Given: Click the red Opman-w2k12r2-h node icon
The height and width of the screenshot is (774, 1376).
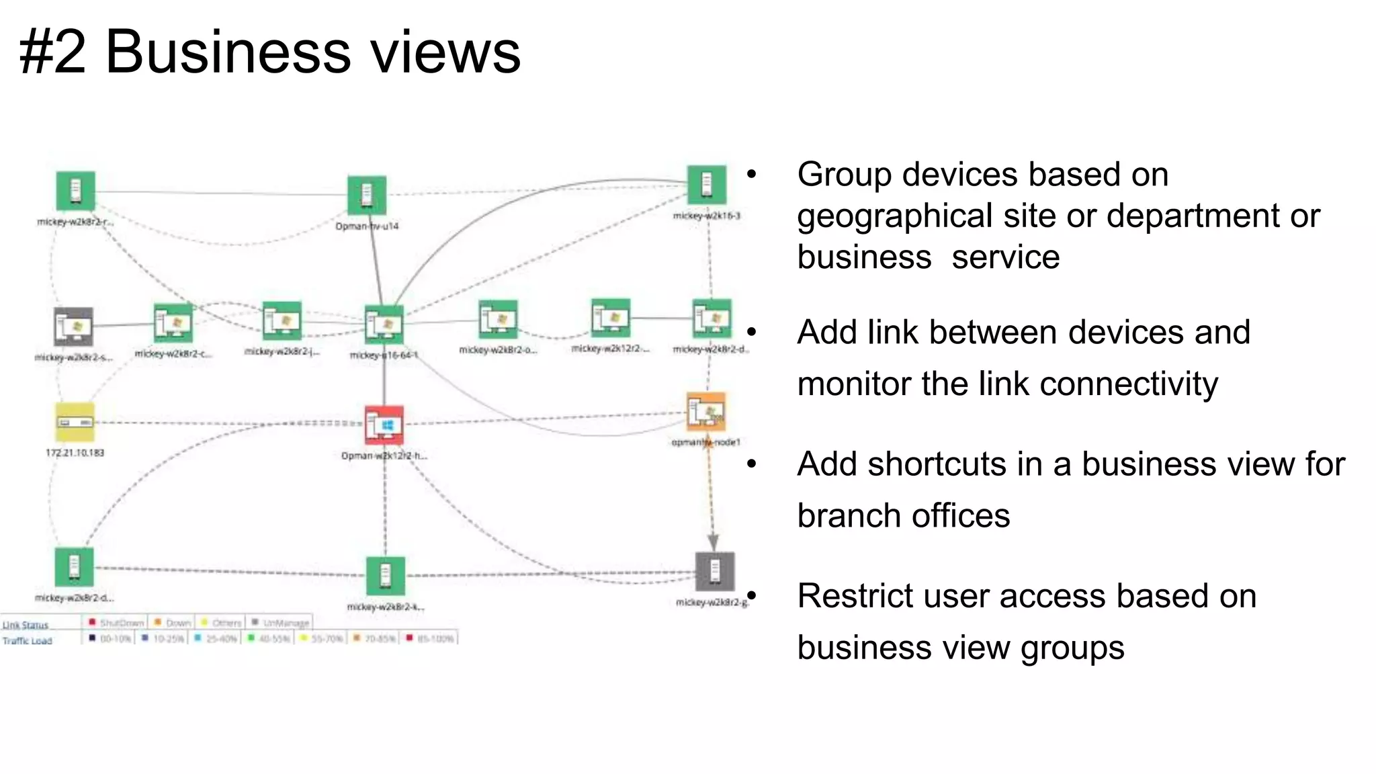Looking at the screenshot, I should pos(384,425).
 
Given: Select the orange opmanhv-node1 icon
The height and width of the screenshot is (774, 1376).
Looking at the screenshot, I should pos(706,411).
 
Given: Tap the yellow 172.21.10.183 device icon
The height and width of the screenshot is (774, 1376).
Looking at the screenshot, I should pos(75,423).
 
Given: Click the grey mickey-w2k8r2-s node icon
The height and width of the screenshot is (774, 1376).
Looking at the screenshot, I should pos(73,327).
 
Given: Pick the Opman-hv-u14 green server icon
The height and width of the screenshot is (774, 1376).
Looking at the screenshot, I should pos(367,196).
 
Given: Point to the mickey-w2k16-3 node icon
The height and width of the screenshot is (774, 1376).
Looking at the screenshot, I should pos(707,184).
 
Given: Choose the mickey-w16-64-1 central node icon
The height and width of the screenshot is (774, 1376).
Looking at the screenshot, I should pos(384,325).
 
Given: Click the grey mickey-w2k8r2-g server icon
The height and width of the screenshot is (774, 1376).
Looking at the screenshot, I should pos(714,571).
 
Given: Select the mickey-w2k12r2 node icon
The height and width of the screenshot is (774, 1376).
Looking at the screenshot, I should pos(611,318).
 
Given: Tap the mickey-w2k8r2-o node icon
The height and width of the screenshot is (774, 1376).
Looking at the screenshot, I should pos(498,320).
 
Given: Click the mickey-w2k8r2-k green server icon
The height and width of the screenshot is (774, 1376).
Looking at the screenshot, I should pos(386,576).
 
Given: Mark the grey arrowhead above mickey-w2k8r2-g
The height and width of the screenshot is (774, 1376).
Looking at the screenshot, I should pos(714,542).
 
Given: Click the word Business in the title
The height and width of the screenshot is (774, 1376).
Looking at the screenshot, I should pos(228,52).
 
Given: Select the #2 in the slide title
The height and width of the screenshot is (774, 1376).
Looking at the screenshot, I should pos(52,52).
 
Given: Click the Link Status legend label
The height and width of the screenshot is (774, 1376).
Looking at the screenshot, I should pos(26,625).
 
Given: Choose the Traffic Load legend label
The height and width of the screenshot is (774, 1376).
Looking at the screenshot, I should pos(27,640).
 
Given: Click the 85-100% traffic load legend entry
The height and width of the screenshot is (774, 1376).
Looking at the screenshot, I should pos(430,638).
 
